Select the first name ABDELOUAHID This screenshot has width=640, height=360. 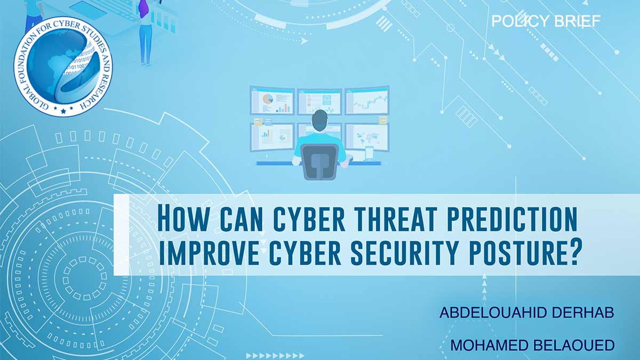coord(493,313)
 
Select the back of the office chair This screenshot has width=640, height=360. coord(319,162)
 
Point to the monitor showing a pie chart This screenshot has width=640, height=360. coord(273,101)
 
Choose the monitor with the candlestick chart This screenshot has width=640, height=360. coord(367,101)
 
